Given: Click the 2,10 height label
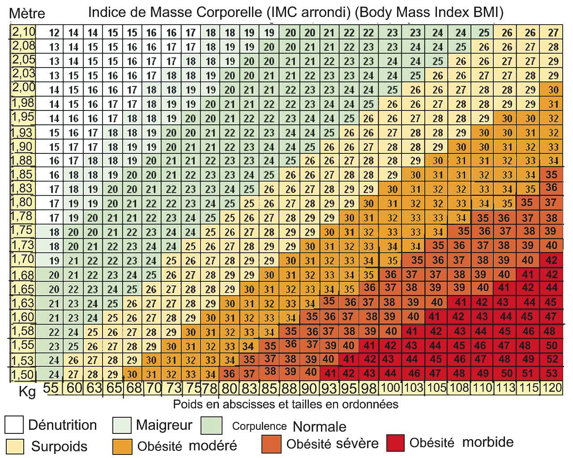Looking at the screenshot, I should click(23, 32).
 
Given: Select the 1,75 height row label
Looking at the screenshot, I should click(23, 230).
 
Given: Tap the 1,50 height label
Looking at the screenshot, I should click(23, 373).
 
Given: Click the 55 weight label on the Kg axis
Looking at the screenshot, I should click(51, 388).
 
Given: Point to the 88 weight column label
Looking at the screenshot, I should click(290, 388).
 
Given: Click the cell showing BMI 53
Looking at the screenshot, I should click(552, 373).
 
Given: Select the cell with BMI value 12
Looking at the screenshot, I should click(54, 32).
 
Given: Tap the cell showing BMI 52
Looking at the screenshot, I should click(552, 359).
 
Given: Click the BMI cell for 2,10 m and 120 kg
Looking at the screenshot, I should click(553, 32).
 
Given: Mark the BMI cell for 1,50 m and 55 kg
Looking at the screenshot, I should click(54, 374).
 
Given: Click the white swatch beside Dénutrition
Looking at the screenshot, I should click(14, 425).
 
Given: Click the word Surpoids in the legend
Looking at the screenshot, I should click(59, 446).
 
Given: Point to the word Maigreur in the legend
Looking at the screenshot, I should click(164, 425).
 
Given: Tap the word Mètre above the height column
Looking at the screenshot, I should click(27, 14).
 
